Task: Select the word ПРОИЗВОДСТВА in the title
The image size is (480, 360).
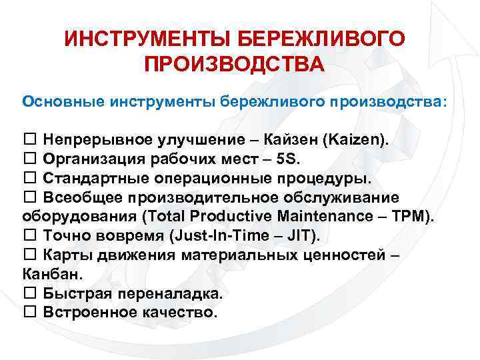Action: (234, 65)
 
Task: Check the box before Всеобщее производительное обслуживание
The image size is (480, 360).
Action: (30, 198)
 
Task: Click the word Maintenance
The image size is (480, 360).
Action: (330, 217)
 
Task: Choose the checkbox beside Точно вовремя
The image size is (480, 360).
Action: (30, 235)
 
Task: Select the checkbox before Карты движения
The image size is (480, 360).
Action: (30, 255)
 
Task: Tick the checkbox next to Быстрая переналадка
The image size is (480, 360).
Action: (30, 293)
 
